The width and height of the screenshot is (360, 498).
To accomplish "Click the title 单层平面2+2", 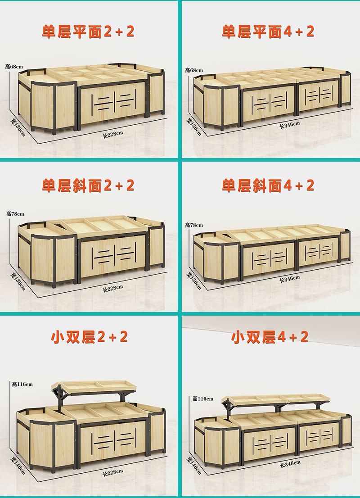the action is [x=88, y=32].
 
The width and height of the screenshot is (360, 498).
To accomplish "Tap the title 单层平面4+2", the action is [x=268, y=32].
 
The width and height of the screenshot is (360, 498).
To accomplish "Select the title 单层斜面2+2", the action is [x=88, y=185].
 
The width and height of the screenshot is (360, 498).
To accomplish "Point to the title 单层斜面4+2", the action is [x=268, y=185].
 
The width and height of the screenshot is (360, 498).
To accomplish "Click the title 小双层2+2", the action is [x=89, y=337].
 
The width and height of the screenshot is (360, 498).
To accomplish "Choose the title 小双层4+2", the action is [x=270, y=337].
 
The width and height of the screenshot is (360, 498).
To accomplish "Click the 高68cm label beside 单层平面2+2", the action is [x=14, y=66].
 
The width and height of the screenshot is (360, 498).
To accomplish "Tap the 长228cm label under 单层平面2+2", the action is [x=112, y=134].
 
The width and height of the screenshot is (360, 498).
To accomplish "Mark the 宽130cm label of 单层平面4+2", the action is [x=193, y=127].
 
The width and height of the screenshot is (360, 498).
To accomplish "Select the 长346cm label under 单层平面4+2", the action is [x=289, y=125].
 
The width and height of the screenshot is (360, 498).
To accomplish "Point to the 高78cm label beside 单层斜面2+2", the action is [x=15, y=214].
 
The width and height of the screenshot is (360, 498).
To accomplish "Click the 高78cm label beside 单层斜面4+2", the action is [x=194, y=225].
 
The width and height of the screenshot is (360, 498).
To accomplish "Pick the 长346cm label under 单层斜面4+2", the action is [x=289, y=279].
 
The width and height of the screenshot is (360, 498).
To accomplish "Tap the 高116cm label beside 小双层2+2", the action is [x=22, y=384].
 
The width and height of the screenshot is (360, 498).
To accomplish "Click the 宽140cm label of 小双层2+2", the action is [x=18, y=466].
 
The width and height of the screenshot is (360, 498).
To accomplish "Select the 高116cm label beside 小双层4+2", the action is [x=203, y=398].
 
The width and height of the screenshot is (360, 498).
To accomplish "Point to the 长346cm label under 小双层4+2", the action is [x=290, y=464].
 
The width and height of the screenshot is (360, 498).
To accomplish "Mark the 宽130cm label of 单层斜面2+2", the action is [x=18, y=281].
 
